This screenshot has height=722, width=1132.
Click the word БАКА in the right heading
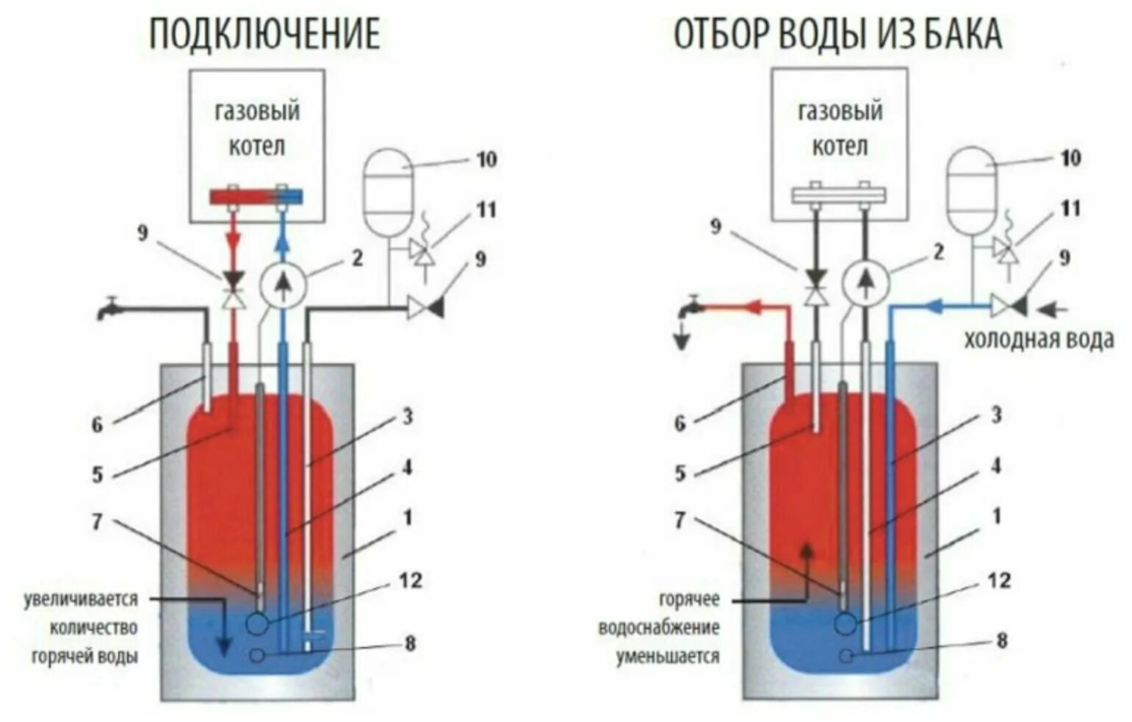(x=963, y=35)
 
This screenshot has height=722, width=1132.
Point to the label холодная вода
(x=1039, y=340)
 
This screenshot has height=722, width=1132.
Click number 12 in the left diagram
(x=411, y=581)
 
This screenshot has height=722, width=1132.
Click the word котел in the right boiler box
(x=840, y=147)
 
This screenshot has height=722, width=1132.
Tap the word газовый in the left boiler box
(x=257, y=112)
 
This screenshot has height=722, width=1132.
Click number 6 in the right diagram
(x=680, y=423)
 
